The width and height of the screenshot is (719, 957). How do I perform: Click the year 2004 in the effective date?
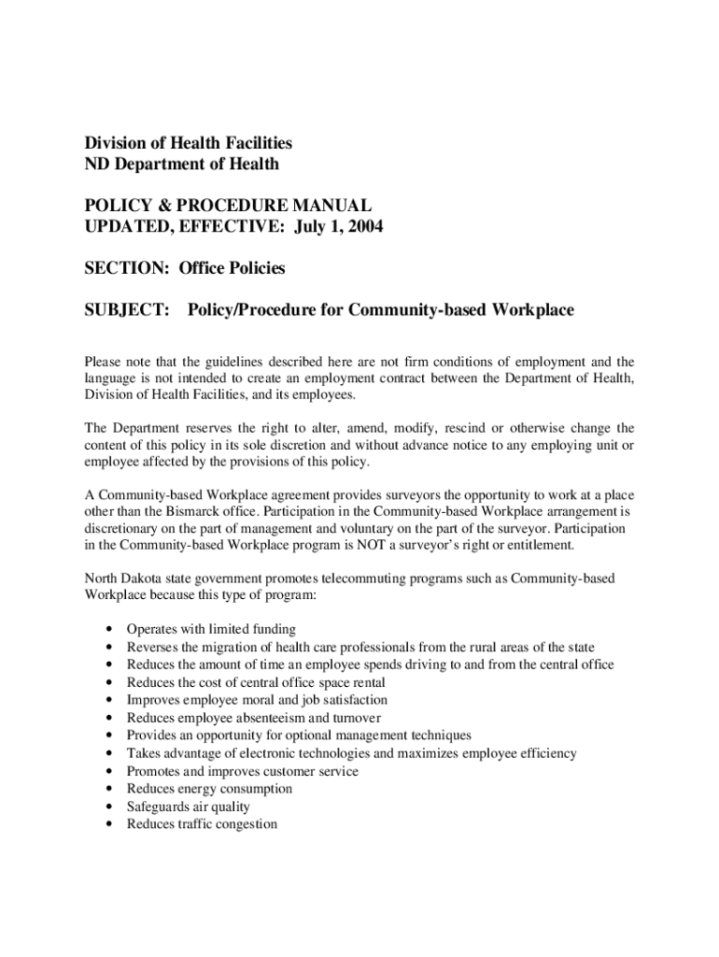[x=364, y=227]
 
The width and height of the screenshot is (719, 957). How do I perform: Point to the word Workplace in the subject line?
[x=529, y=309]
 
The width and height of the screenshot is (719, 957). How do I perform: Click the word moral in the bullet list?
[x=254, y=700]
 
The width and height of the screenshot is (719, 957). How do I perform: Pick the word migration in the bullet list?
[x=259, y=647]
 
